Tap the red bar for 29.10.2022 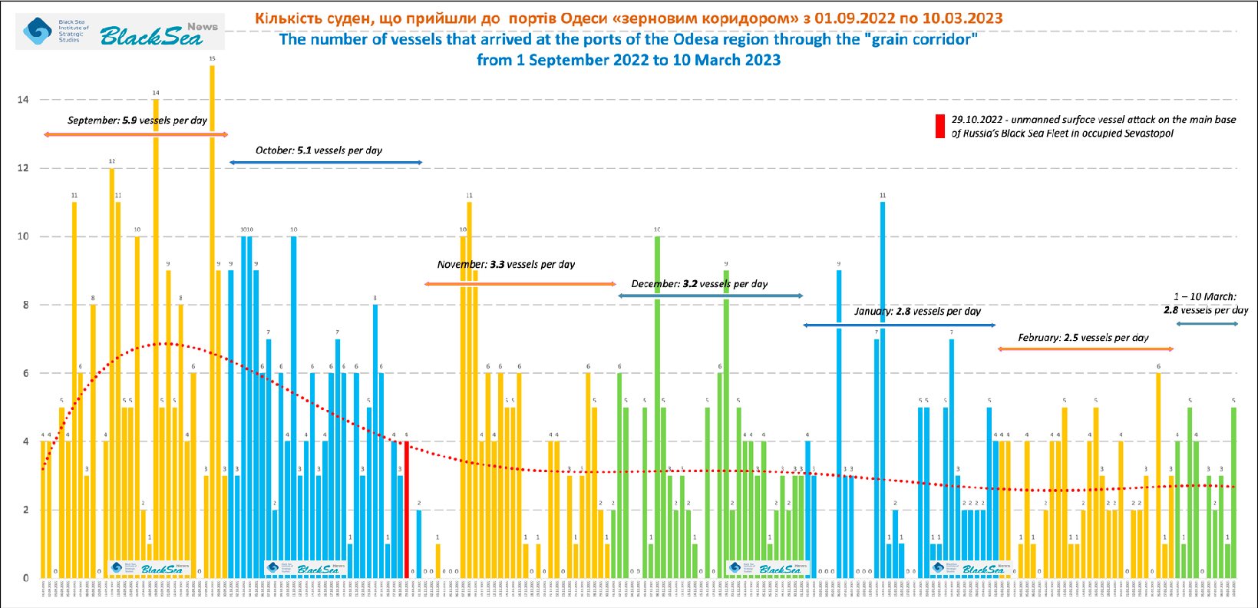click(x=407, y=510)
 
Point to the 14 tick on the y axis click(x=23, y=100)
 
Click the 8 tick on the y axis click(x=23, y=305)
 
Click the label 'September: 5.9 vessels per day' click(x=137, y=121)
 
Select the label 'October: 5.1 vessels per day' click(x=319, y=150)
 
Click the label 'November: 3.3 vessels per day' click(x=506, y=264)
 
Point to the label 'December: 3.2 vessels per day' click(x=699, y=284)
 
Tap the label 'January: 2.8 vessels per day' click(x=917, y=312)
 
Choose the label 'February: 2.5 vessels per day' click(x=1083, y=338)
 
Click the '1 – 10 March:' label click(x=1205, y=296)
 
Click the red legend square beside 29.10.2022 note click(x=939, y=127)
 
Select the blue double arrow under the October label click(x=325, y=163)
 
